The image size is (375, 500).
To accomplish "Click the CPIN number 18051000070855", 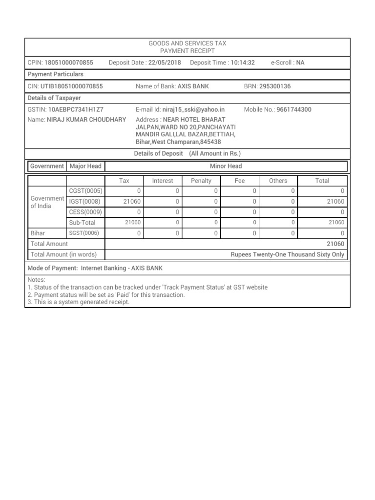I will (68, 62).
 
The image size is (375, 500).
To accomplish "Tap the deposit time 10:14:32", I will (243, 62).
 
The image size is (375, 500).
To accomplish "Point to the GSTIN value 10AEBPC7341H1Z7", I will (76, 110).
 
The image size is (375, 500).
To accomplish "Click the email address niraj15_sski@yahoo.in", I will (193, 110).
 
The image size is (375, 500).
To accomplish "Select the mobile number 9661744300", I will (293, 110).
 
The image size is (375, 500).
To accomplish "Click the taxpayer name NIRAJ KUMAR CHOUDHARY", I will (86, 120).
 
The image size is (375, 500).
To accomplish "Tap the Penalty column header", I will (201, 181).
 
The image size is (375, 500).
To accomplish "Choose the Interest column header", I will (163, 181).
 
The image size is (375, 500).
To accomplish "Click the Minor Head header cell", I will (226, 166).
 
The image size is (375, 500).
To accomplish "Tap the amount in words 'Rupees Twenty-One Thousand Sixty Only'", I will (287, 254).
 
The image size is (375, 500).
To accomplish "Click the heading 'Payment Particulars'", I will (55, 74).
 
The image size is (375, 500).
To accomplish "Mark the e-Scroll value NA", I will (300, 62).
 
